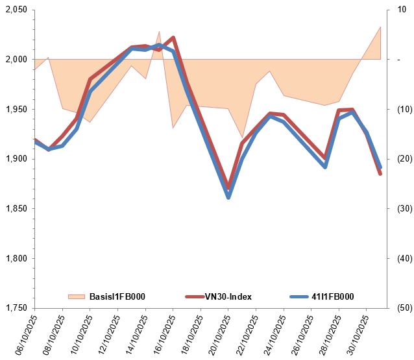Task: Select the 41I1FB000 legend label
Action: pos(332,297)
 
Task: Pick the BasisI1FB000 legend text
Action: pos(117,297)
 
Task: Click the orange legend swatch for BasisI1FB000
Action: pos(77,297)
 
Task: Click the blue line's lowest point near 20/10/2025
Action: pos(228,197)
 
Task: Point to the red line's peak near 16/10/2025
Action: pos(173,38)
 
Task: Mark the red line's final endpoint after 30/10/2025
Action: pos(380,174)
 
